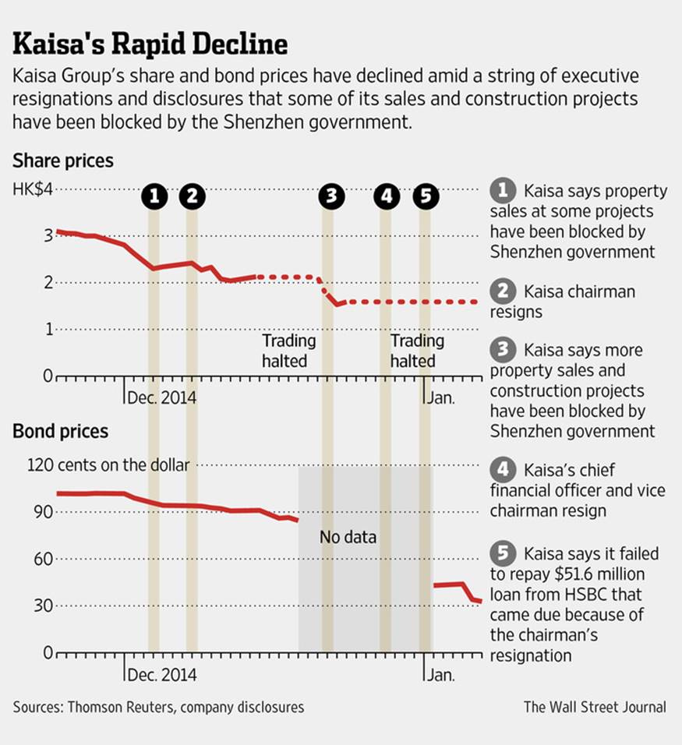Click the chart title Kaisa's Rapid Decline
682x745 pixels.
coord(150,44)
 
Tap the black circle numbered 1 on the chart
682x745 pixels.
coord(155,197)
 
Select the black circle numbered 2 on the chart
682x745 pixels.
coord(192,197)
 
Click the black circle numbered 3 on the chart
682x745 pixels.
coord(332,197)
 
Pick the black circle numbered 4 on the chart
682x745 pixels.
coord(386,197)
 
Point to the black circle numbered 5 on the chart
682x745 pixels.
coord(425,197)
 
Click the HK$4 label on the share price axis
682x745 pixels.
coord(33,190)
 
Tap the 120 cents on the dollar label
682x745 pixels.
coord(108,465)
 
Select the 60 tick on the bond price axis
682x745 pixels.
coord(44,559)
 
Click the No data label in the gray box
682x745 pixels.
coord(348,537)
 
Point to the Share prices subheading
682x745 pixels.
coord(63,161)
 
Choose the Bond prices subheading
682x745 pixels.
coord(61,431)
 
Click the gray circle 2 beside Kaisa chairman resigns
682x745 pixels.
coord(504,291)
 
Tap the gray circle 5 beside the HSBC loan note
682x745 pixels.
coord(504,553)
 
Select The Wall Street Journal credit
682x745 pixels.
coord(595,708)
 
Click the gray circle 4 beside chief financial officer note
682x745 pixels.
coord(504,470)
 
